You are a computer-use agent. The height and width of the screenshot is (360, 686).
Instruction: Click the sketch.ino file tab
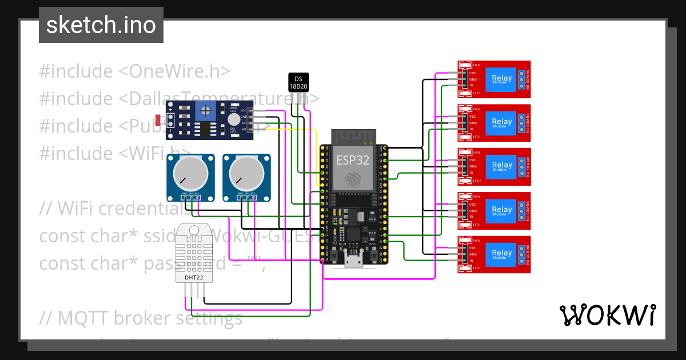click(101, 25)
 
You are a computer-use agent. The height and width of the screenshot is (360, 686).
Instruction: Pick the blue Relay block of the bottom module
click(501, 253)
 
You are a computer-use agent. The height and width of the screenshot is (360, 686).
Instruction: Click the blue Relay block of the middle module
click(501, 166)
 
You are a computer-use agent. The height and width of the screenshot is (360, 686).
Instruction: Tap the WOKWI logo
click(607, 315)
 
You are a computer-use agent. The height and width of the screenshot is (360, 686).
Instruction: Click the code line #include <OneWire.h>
click(135, 71)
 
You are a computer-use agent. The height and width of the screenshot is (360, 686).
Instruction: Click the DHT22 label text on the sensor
click(193, 278)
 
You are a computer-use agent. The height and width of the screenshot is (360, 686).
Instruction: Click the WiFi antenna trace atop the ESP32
click(353, 138)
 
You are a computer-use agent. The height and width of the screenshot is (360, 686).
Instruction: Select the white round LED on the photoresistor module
click(233, 119)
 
